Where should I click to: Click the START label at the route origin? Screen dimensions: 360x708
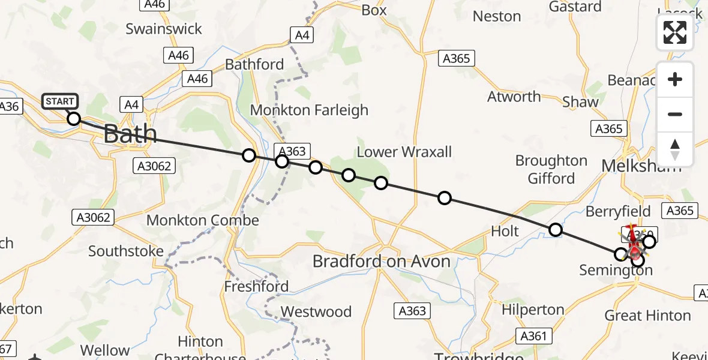coord(60,101)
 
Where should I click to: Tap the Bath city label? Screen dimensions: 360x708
coord(130,134)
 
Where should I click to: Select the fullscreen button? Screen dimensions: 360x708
coord(675,33)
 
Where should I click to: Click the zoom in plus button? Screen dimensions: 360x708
coord(675,79)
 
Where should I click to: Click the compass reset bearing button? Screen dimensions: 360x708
coord(675,149)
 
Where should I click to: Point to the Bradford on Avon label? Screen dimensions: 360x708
coord(382,261)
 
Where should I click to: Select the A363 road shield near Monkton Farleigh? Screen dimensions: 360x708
coord(290,151)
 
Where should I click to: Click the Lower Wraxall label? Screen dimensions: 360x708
coord(404,152)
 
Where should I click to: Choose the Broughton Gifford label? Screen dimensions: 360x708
coord(551,169)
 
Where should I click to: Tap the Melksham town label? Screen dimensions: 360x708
coord(641,166)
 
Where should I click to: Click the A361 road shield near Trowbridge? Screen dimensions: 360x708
coord(534,335)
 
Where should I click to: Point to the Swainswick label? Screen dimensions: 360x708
coord(164,29)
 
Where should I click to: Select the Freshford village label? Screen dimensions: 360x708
coord(256,287)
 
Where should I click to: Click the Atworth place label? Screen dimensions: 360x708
coord(514,97)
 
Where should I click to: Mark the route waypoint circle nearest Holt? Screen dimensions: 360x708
coord(556,229)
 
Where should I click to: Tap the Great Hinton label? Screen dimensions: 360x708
coord(647,316)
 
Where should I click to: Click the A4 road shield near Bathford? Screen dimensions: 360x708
coord(302,35)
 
